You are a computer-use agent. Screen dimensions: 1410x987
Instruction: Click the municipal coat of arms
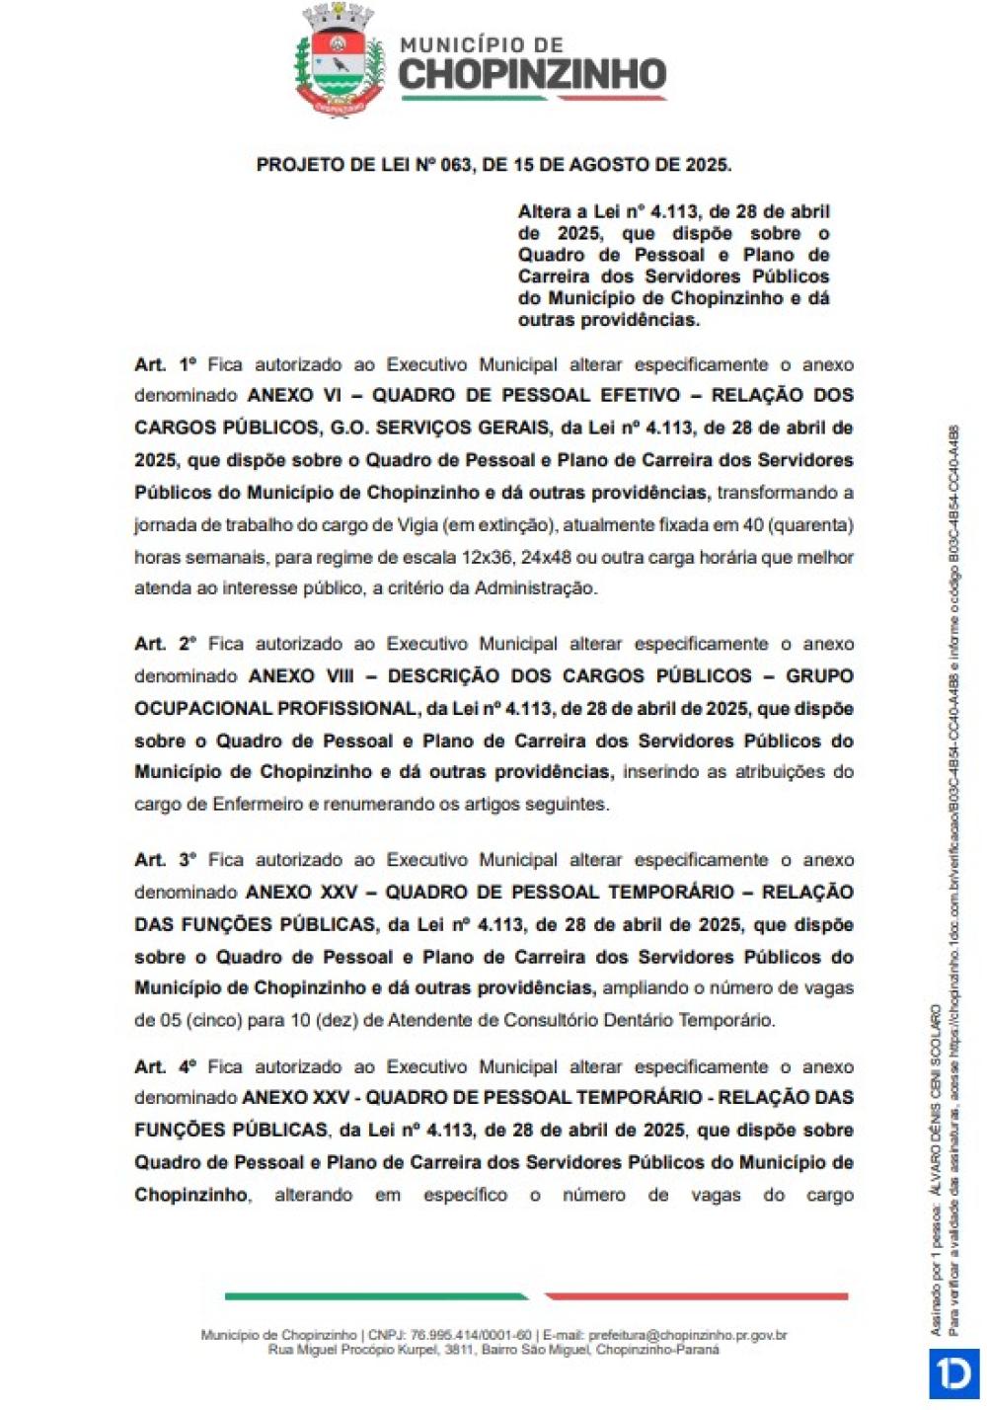tap(340, 60)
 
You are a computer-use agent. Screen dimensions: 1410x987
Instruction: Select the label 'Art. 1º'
tap(166, 364)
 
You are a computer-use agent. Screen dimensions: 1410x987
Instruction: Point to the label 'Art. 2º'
tap(166, 644)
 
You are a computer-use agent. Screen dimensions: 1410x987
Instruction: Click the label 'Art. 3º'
tap(166, 860)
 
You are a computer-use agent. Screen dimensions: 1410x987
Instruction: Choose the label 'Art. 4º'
tap(166, 1066)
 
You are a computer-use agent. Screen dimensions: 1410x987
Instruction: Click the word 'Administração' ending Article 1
tap(535, 588)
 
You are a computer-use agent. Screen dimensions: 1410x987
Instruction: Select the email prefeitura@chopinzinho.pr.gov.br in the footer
tap(688, 1335)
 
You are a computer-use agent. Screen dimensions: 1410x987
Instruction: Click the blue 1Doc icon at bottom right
tap(953, 1373)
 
